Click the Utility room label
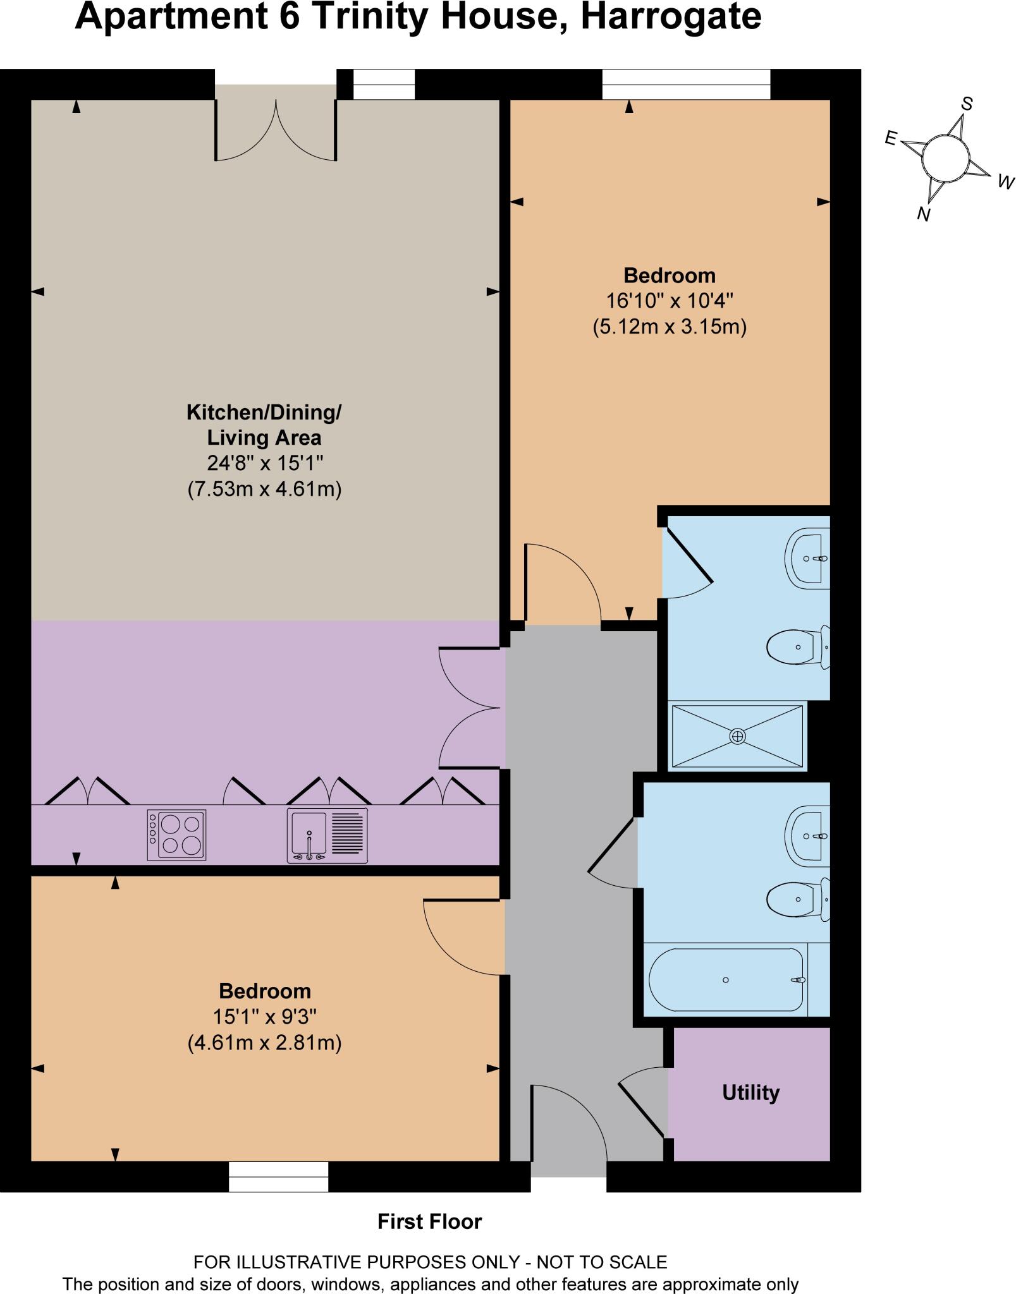pyautogui.click(x=750, y=1092)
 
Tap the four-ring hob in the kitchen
pyautogui.click(x=176, y=835)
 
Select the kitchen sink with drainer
pyautogui.click(x=327, y=835)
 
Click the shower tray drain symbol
pyautogui.click(x=737, y=736)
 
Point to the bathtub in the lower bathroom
pyautogui.click(x=727, y=979)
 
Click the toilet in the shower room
pyautogui.click(x=798, y=647)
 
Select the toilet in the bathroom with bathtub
pyautogui.click(x=798, y=898)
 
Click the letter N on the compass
pyautogui.click(x=924, y=215)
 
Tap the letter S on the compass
pyautogui.click(x=966, y=104)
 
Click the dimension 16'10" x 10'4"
pyautogui.click(x=670, y=301)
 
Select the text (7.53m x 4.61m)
pyautogui.click(x=264, y=489)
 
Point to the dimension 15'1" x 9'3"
pyautogui.click(x=264, y=1017)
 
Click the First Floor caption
pyautogui.click(x=429, y=1221)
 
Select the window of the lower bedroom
pyautogui.click(x=278, y=1176)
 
